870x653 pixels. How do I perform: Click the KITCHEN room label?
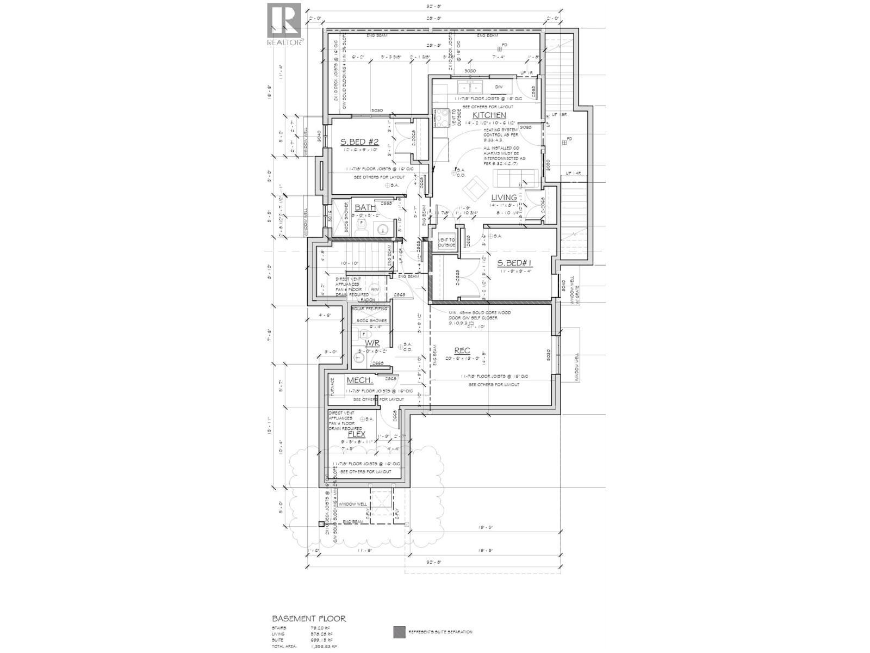(x=489, y=115)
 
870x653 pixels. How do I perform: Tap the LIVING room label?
(x=504, y=198)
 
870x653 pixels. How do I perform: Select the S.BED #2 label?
(x=359, y=142)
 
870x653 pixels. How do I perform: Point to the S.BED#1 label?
(x=514, y=263)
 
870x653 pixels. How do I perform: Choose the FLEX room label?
(x=356, y=434)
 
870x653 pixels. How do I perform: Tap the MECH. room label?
(x=359, y=380)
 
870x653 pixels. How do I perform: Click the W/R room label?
(x=372, y=343)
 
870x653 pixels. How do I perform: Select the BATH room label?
(x=365, y=207)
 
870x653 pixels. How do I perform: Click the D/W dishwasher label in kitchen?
(x=499, y=87)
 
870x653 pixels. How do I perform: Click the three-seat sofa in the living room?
(x=514, y=177)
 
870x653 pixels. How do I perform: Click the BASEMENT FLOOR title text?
(x=308, y=619)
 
